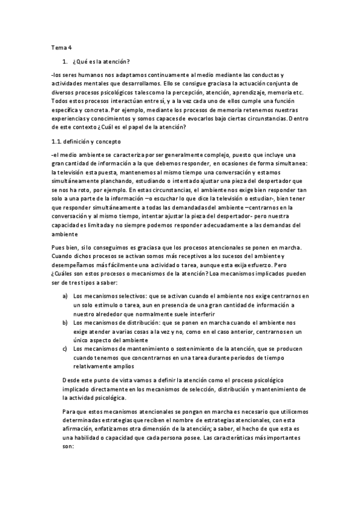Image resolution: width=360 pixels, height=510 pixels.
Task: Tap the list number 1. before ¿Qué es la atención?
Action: click(x=64, y=62)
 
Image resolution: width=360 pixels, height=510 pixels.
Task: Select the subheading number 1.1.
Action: click(x=58, y=141)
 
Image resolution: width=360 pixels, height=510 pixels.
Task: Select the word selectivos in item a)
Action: click(x=123, y=296)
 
